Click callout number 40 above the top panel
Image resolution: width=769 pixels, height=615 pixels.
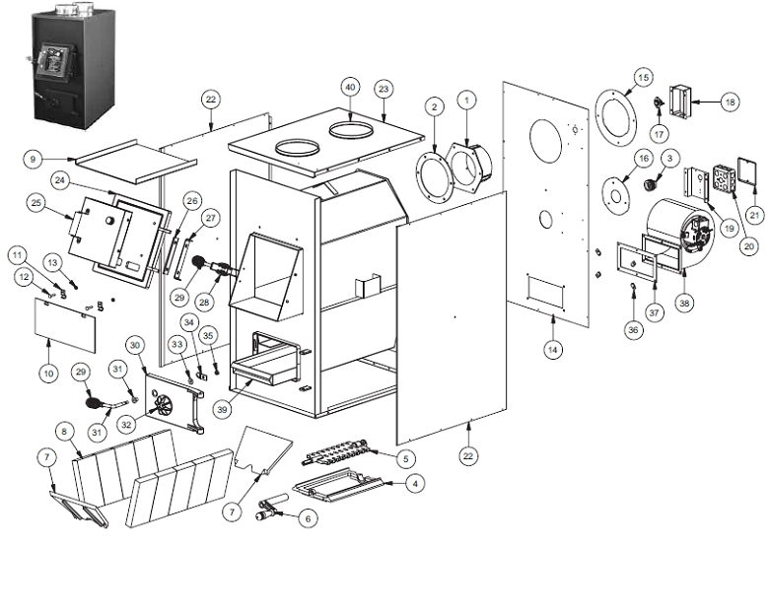click(x=349, y=87)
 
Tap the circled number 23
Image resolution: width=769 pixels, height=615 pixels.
click(x=384, y=89)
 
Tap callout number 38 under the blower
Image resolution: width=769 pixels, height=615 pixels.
click(x=684, y=306)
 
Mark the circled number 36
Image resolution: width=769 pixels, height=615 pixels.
click(x=633, y=330)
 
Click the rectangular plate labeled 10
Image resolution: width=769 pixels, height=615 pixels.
click(x=67, y=323)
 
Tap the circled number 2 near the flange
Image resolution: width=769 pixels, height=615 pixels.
click(x=435, y=106)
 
